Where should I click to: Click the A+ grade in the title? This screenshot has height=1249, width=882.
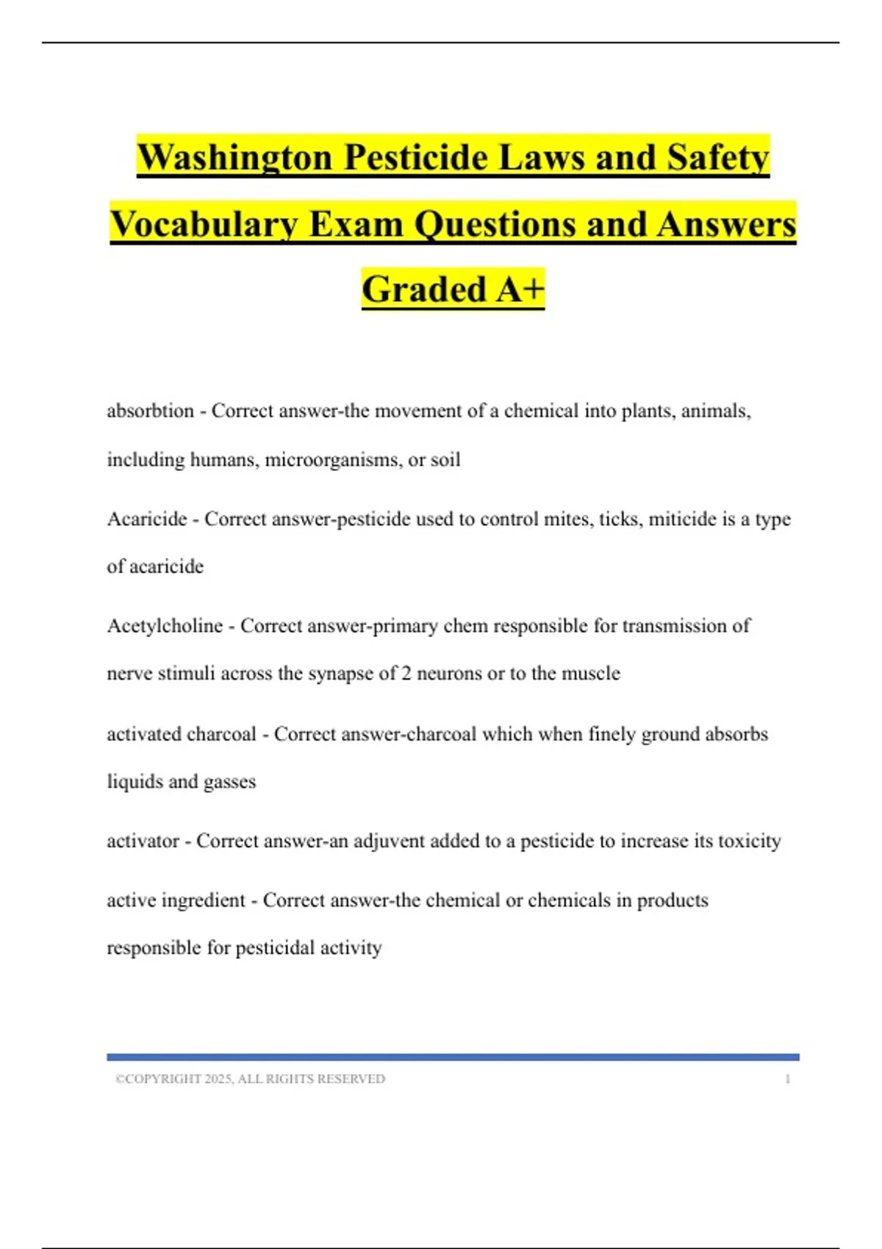[520, 289]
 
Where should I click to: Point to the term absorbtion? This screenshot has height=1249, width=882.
[151, 411]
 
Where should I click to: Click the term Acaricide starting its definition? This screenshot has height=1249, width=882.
[147, 519]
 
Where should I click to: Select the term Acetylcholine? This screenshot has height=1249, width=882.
[165, 626]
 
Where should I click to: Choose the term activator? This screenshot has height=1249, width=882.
[143, 841]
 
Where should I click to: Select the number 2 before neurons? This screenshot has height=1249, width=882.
[406, 674]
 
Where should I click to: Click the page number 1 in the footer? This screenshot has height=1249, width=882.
[788, 1079]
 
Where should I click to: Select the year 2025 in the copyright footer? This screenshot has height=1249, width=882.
[218, 1079]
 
